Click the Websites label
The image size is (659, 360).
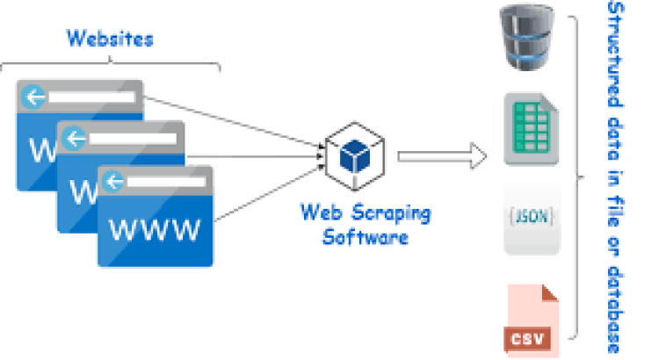(x=110, y=40)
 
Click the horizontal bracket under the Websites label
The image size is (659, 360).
(x=110, y=64)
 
